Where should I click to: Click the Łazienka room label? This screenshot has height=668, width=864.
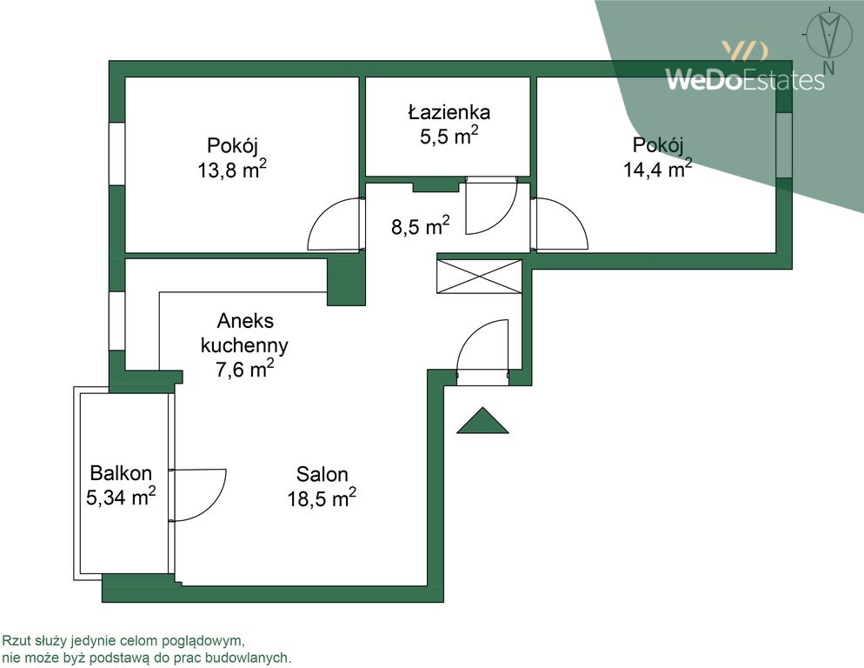tap(449, 112)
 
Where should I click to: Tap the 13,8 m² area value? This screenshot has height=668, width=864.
tap(232, 170)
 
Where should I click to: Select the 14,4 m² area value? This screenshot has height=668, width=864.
tap(657, 168)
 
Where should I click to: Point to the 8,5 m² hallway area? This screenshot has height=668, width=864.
tap(421, 225)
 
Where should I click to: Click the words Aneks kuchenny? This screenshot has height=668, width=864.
tap(244, 332)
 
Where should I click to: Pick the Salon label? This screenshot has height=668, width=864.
tap(322, 474)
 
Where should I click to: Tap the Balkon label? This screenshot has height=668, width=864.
tap(121, 472)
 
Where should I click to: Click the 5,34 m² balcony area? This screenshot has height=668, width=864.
tap(121, 497)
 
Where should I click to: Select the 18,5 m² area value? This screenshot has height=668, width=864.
tap(322, 498)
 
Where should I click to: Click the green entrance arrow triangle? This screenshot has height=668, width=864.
tap(482, 421)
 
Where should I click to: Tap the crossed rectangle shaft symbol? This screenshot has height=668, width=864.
tap(479, 277)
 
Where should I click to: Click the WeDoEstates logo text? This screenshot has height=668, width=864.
tap(745, 79)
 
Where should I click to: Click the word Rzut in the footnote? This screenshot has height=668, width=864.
tap(15, 641)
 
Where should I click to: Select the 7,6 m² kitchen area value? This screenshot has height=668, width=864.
tap(244, 369)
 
